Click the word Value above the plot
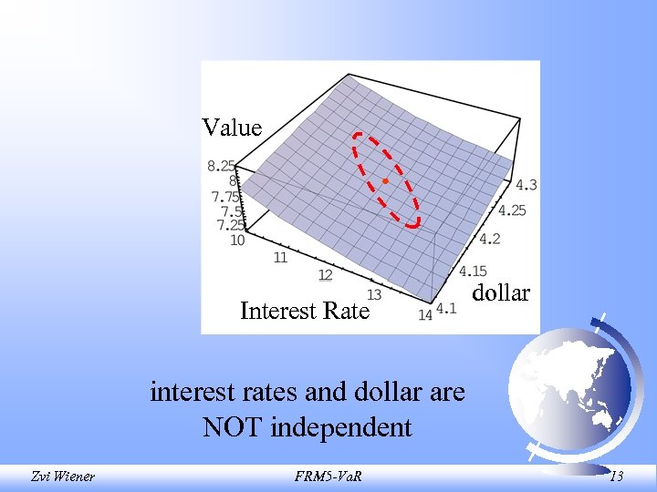(x=232, y=128)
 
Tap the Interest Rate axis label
(x=304, y=311)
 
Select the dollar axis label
(x=501, y=292)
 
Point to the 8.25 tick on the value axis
(x=223, y=166)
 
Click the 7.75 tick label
(x=225, y=196)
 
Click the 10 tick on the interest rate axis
(x=237, y=241)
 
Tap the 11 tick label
(x=281, y=258)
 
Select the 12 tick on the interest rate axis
(x=325, y=275)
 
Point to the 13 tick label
(x=373, y=294)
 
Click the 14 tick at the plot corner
(x=425, y=315)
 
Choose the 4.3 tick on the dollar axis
(x=526, y=185)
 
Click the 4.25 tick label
(x=513, y=210)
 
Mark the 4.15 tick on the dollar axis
(x=473, y=271)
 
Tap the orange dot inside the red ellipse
(x=385, y=182)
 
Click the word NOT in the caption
(x=234, y=427)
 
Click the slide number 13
(x=616, y=475)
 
